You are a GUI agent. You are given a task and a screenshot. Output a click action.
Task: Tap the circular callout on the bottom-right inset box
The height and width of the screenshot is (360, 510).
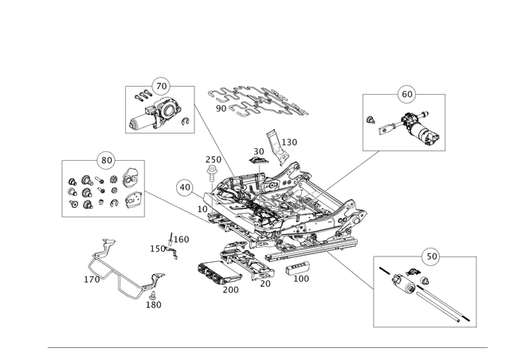click(430, 256)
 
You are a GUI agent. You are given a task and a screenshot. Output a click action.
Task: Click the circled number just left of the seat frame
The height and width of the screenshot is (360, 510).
click(184, 187)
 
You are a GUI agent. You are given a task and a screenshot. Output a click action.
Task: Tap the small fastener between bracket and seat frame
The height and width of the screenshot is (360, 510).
click(169, 245)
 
